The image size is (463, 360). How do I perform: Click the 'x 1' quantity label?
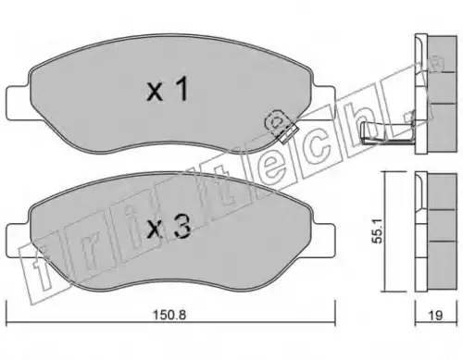click(168, 90)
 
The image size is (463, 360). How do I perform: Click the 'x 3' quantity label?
click(169, 227)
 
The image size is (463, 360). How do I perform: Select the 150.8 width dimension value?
click(169, 315)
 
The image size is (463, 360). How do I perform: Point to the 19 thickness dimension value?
click(435, 316)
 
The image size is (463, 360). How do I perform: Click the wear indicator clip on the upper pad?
click(281, 126)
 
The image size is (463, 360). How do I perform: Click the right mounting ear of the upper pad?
click(323, 103)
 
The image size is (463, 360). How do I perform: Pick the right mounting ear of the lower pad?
click(323, 240)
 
